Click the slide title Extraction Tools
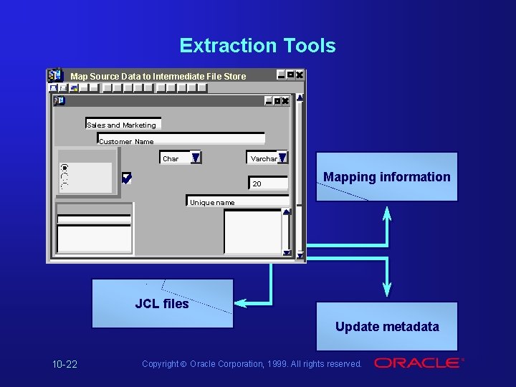[257, 46]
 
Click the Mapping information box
[386, 177]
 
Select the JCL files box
[162, 304]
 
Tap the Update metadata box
[387, 327]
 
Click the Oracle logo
[419, 363]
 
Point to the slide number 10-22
[64, 364]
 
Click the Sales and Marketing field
[123, 124]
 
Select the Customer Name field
[181, 140]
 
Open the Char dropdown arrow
[195, 158]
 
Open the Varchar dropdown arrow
[282, 158]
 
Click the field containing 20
[268, 183]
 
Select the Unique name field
[236, 201]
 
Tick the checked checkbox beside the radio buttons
[127, 178]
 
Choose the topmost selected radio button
[64, 168]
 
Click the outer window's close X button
[300, 75]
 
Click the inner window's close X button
[285, 101]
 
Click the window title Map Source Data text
[158, 76]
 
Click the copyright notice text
[252, 364]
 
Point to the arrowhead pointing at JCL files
[242, 303]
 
